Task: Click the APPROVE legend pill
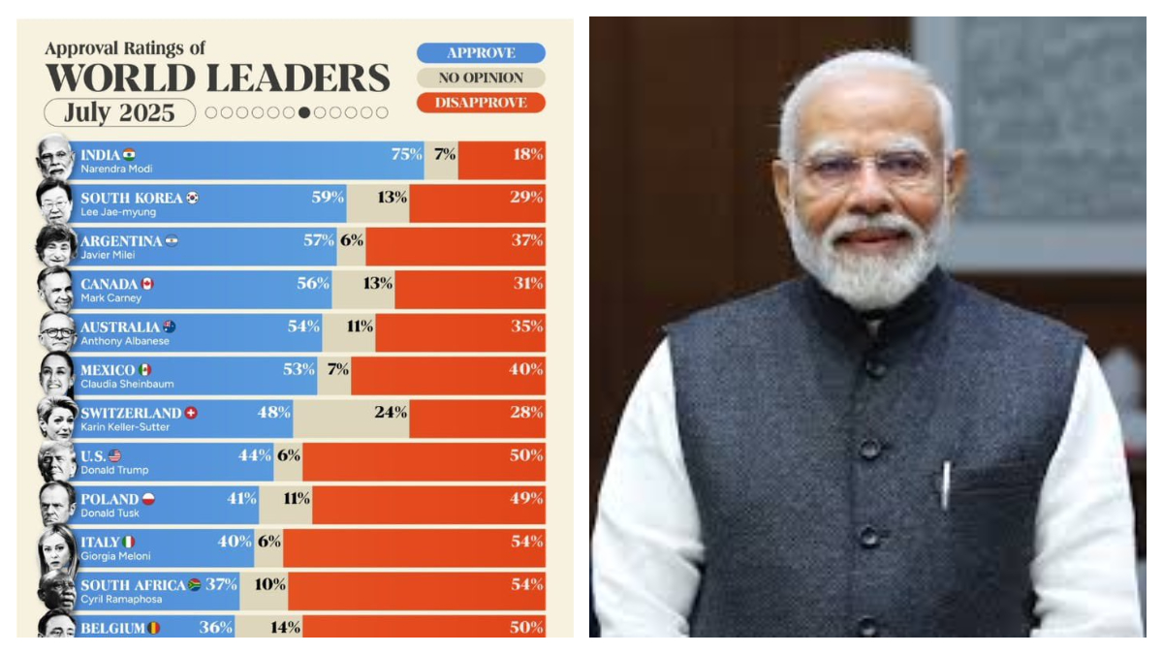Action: pos(481,53)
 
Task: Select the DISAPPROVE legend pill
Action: pos(481,103)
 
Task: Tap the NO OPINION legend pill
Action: pos(481,78)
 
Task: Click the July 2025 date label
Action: pos(119,113)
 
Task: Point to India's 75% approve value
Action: pos(406,155)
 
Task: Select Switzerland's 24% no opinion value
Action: pos(391,412)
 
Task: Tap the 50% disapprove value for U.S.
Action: pos(526,455)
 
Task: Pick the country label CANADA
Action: pos(110,284)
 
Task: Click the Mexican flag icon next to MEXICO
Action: pos(145,370)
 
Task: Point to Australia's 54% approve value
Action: pos(303,327)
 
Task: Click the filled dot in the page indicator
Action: pos(304,112)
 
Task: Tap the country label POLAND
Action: pos(110,499)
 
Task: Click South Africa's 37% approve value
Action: pos(221,584)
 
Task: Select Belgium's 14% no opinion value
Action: pos(285,627)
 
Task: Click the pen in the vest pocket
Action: pos(945,484)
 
